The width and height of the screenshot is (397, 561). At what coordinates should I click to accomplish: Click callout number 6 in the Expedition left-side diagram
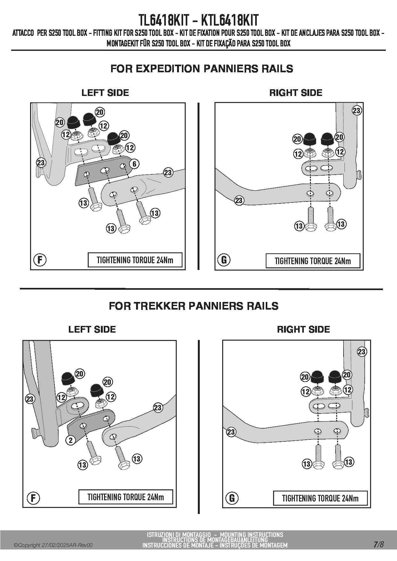[134, 164]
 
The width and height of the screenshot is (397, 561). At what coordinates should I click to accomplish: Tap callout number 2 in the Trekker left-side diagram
[71, 440]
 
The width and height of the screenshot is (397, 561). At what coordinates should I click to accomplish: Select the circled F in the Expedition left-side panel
[40, 260]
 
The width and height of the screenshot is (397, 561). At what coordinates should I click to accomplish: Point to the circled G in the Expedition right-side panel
[224, 260]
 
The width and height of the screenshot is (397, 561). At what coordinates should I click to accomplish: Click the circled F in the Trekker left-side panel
[33, 498]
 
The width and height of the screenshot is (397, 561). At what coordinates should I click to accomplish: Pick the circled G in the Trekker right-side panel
[232, 498]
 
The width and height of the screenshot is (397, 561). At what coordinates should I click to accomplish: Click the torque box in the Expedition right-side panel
[313, 261]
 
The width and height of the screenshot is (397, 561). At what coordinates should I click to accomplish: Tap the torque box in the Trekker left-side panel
[126, 497]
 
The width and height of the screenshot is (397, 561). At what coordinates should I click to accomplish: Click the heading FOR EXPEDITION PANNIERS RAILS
[202, 69]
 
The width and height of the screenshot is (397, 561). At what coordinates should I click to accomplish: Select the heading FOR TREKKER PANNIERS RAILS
[194, 306]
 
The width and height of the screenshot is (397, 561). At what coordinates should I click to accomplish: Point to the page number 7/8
[378, 544]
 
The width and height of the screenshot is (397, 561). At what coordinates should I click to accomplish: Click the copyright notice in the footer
[53, 545]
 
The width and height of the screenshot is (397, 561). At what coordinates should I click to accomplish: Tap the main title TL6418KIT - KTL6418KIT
[199, 20]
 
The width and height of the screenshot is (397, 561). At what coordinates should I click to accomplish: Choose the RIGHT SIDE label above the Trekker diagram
[303, 329]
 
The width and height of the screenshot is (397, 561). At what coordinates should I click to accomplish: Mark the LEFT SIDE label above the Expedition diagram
[105, 93]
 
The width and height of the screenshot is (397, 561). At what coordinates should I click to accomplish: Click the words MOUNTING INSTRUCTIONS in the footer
[252, 534]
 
